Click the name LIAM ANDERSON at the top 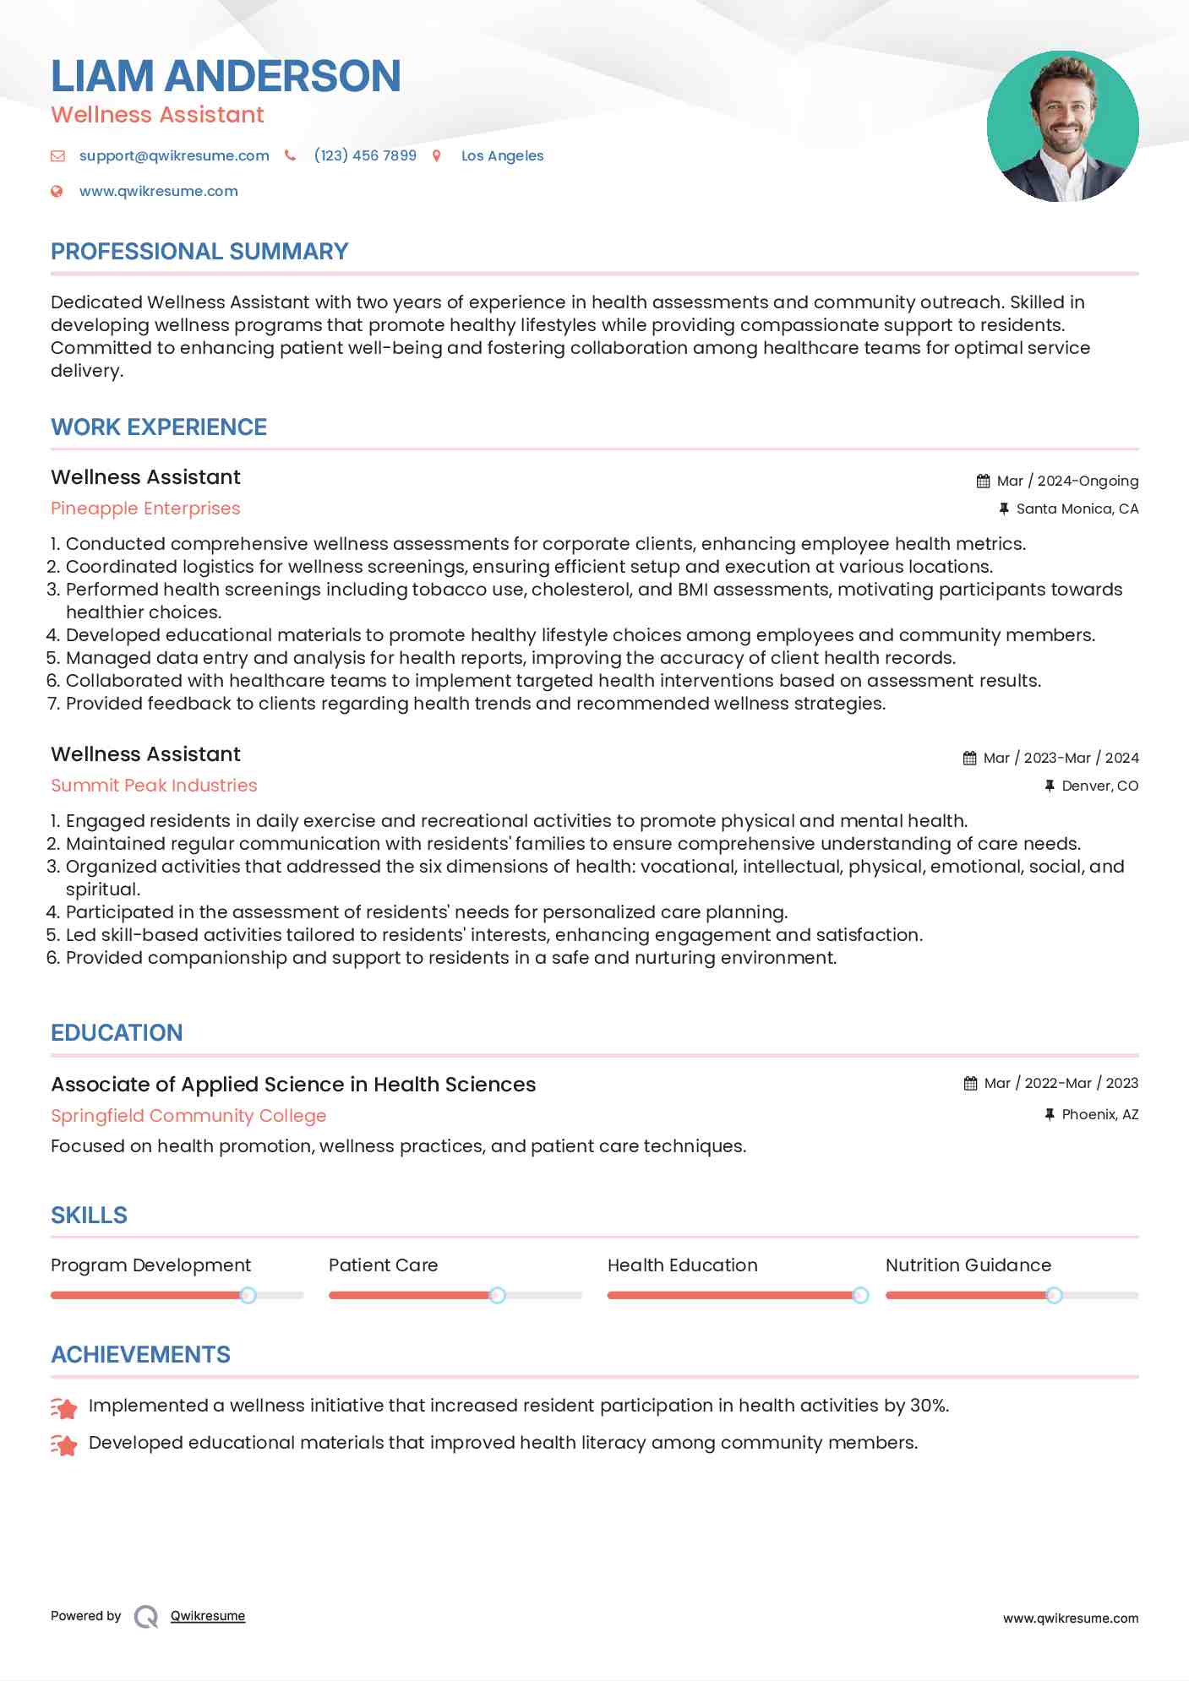[226, 76]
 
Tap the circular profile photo [1062, 127]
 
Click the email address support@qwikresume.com [174, 155]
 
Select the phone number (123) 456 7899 [365, 155]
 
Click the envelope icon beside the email [57, 155]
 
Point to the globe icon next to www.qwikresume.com [57, 191]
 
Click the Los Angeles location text [502, 155]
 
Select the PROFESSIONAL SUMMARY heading [199, 252]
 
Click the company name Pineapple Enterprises [145, 509]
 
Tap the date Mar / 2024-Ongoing [1067, 481]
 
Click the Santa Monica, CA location [1077, 509]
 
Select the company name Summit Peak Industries [154, 786]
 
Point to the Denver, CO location [1099, 786]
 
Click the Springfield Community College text [188, 1116]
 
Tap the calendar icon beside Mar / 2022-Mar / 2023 [970, 1083]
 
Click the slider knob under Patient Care [497, 1295]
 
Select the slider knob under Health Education [860, 1295]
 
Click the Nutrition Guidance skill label [968, 1265]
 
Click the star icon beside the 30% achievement [64, 1407]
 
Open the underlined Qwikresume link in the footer [208, 1616]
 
